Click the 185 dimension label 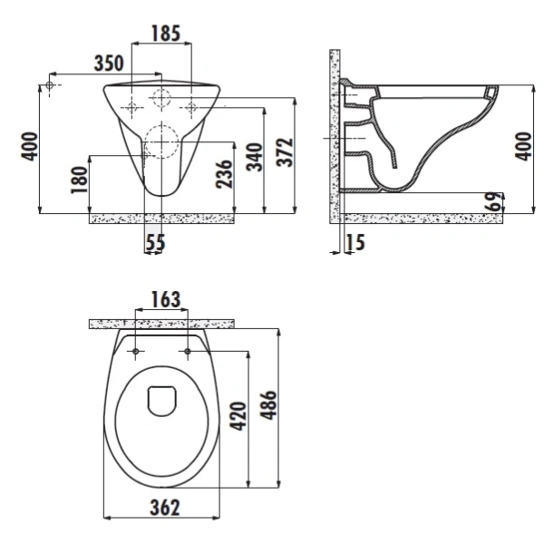point(166,34)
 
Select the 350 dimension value point(109,63)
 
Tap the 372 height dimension point(285,152)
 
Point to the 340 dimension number point(255,157)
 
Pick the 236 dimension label point(224,174)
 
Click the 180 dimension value point(79,180)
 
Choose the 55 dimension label point(155,242)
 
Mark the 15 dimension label point(355,242)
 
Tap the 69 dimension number point(494,201)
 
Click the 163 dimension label point(166,299)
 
